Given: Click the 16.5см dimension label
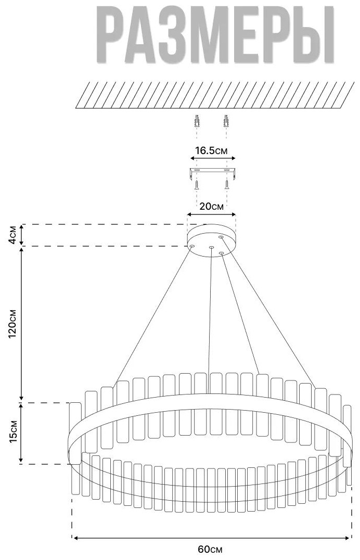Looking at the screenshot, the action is click(x=211, y=150).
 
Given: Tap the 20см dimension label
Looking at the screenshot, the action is click(x=212, y=207).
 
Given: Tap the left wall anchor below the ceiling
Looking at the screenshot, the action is click(x=196, y=121).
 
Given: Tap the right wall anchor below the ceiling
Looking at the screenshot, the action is click(x=225, y=121).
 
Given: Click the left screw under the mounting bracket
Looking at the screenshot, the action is click(x=196, y=185).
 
